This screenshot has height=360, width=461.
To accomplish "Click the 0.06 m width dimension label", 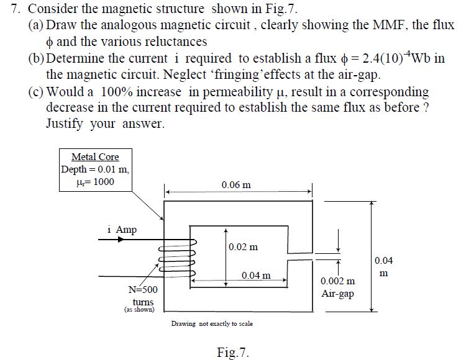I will (236, 184).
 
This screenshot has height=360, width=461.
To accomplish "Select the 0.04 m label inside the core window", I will (256, 275).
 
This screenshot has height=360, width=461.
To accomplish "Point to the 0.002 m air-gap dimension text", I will (338, 282).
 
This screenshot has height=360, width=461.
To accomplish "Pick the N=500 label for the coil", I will (143, 290).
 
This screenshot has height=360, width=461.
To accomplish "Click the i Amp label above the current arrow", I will (122, 230).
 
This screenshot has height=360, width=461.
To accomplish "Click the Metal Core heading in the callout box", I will (95, 157).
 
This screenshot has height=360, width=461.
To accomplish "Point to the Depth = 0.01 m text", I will (95, 169).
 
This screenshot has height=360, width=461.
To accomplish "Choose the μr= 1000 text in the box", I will (94, 182).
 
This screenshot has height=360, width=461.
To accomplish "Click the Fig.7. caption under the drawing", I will (233, 353).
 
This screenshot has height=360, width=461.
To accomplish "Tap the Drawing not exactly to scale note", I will (212, 323).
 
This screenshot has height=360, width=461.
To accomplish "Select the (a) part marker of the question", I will (35, 25).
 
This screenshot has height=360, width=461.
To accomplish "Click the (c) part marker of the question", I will (35, 92).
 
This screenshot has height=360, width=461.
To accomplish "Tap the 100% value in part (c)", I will (119, 92).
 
